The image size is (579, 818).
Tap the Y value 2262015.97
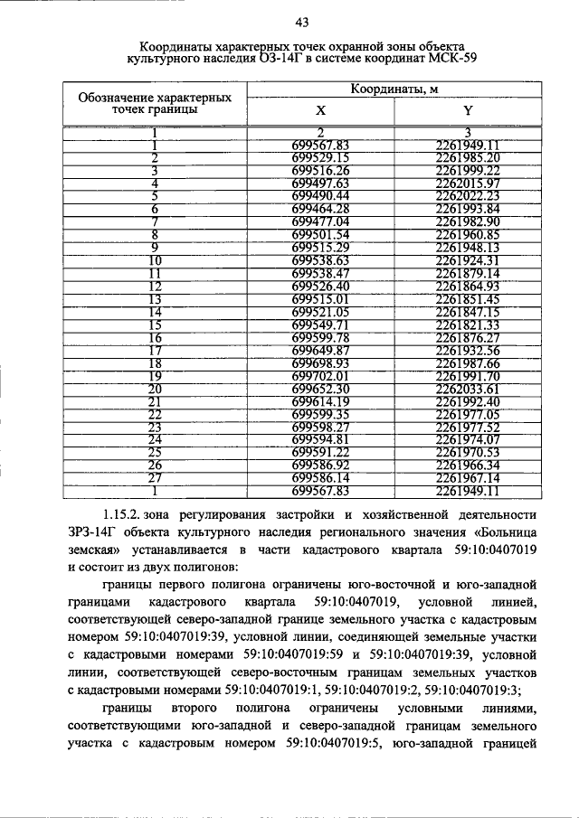(467, 183)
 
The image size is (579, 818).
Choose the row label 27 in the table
(155, 477)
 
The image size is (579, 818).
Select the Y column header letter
(467, 111)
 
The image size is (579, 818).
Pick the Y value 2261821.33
(467, 324)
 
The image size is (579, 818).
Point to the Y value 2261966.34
(467, 465)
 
